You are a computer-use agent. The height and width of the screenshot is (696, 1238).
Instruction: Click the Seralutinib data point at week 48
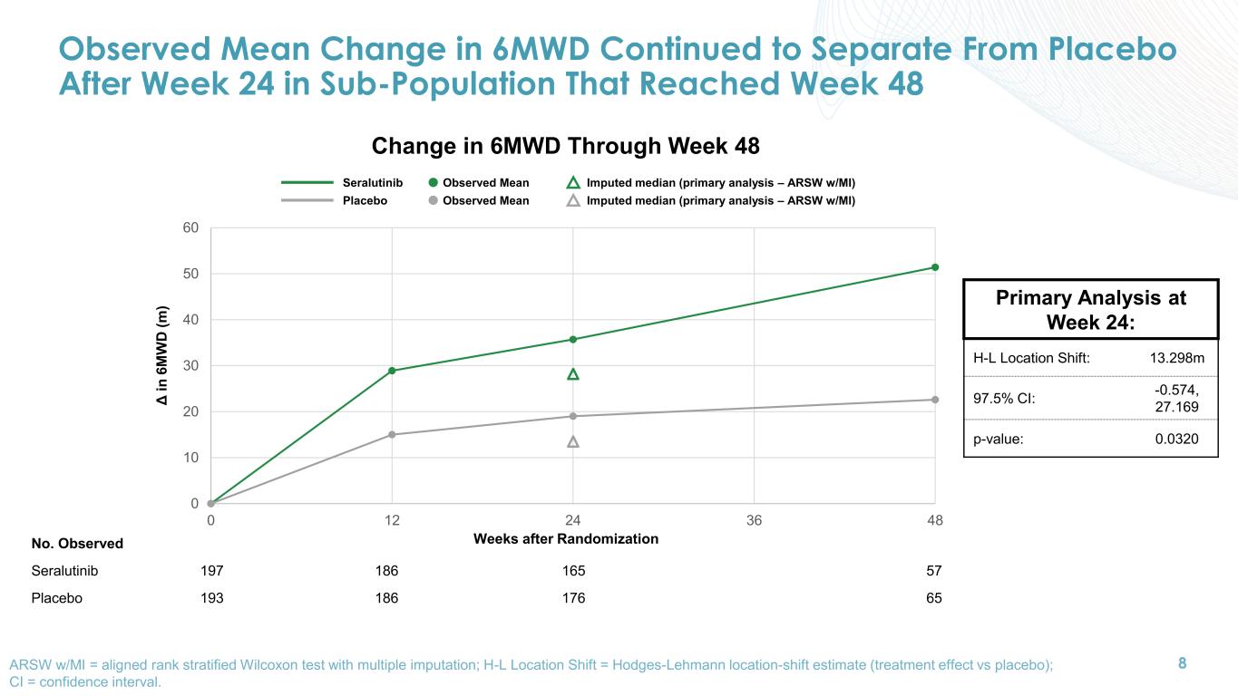click(x=935, y=267)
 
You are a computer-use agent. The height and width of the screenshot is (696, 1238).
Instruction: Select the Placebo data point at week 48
click(x=935, y=400)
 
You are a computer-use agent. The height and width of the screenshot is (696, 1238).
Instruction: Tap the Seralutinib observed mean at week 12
click(x=392, y=371)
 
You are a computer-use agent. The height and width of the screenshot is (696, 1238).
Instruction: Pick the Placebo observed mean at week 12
click(x=392, y=435)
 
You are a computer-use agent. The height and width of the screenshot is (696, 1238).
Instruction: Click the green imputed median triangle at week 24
click(x=573, y=374)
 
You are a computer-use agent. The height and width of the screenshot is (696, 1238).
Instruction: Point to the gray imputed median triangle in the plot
click(x=573, y=441)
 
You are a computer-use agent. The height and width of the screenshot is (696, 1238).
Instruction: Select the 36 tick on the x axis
click(x=754, y=521)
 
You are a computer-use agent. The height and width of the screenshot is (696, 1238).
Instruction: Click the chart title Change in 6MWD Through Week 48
click(x=565, y=146)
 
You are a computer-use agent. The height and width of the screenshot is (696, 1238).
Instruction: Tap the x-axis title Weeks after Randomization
click(x=565, y=539)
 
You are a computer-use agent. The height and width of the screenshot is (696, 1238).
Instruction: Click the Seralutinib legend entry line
click(x=307, y=183)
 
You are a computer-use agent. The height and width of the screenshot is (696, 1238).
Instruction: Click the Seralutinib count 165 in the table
click(x=573, y=572)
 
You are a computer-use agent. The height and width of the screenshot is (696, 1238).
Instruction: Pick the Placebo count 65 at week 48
click(x=934, y=599)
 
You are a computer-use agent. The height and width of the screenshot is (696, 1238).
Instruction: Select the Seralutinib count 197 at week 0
click(x=211, y=572)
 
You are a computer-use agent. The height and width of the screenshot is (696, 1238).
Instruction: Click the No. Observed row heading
click(x=77, y=545)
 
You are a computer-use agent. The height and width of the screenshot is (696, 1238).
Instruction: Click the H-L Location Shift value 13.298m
click(x=1176, y=358)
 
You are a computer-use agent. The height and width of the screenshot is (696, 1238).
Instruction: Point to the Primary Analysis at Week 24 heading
click(x=1090, y=309)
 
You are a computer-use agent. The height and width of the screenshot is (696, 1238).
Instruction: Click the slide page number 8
click(x=1182, y=663)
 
